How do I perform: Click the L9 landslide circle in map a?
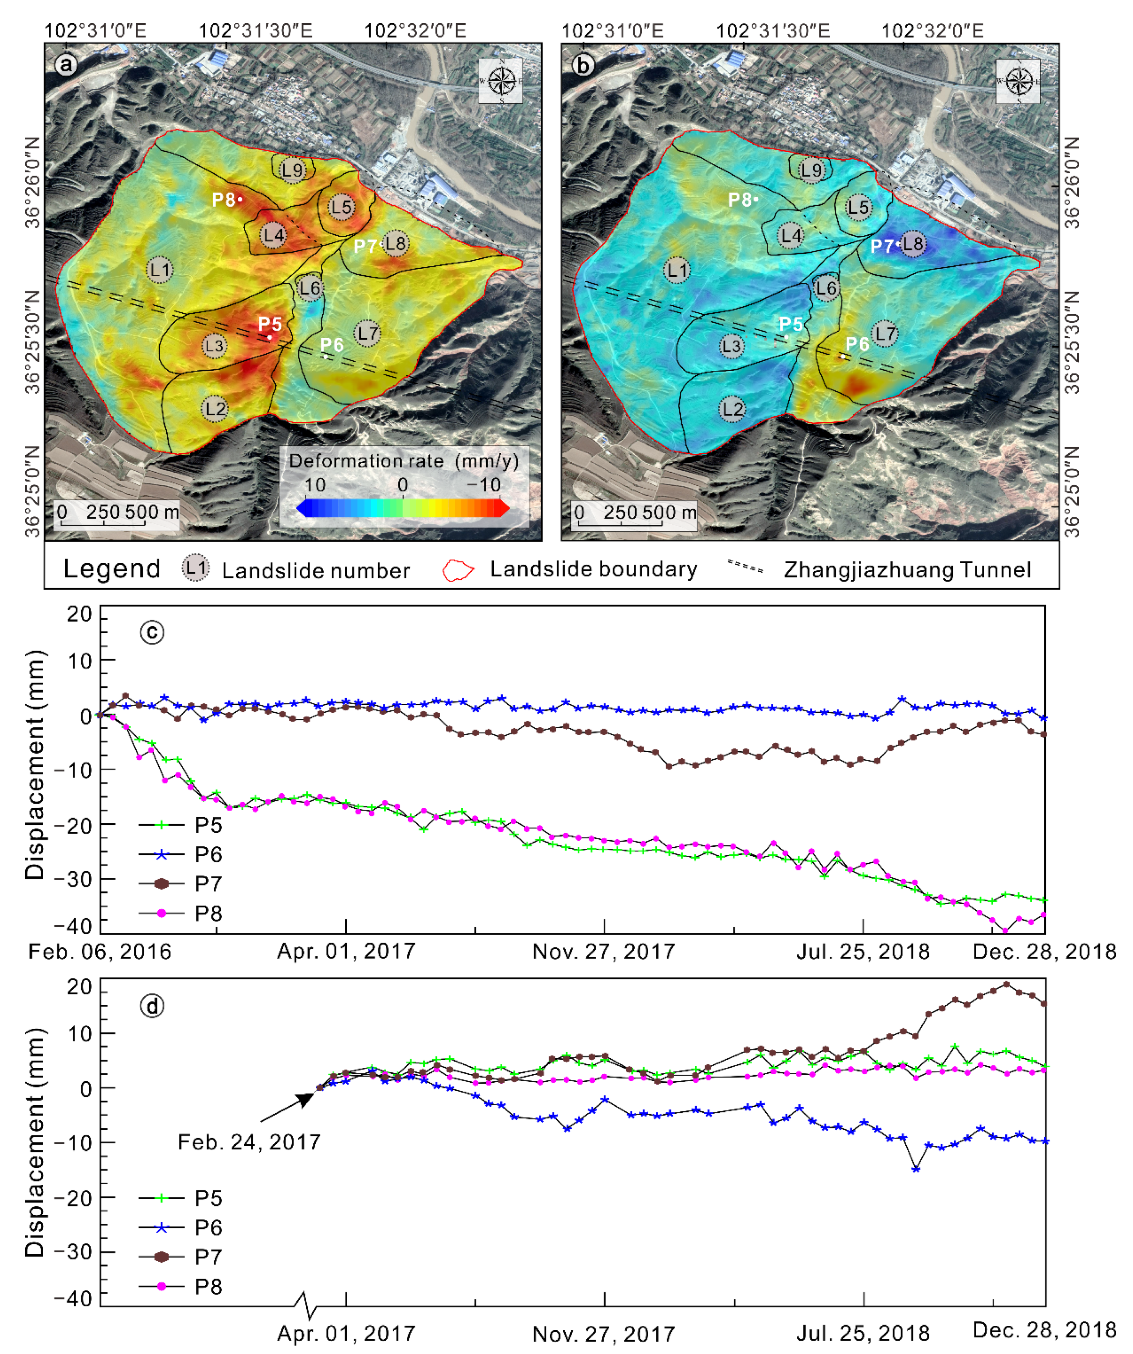click(x=292, y=170)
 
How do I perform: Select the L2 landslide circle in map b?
click(x=732, y=409)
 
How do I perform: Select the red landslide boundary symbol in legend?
click(x=458, y=570)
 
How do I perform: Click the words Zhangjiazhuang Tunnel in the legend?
click(x=907, y=570)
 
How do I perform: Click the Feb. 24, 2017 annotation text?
click(x=249, y=1143)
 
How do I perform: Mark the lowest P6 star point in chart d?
click(x=915, y=1169)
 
